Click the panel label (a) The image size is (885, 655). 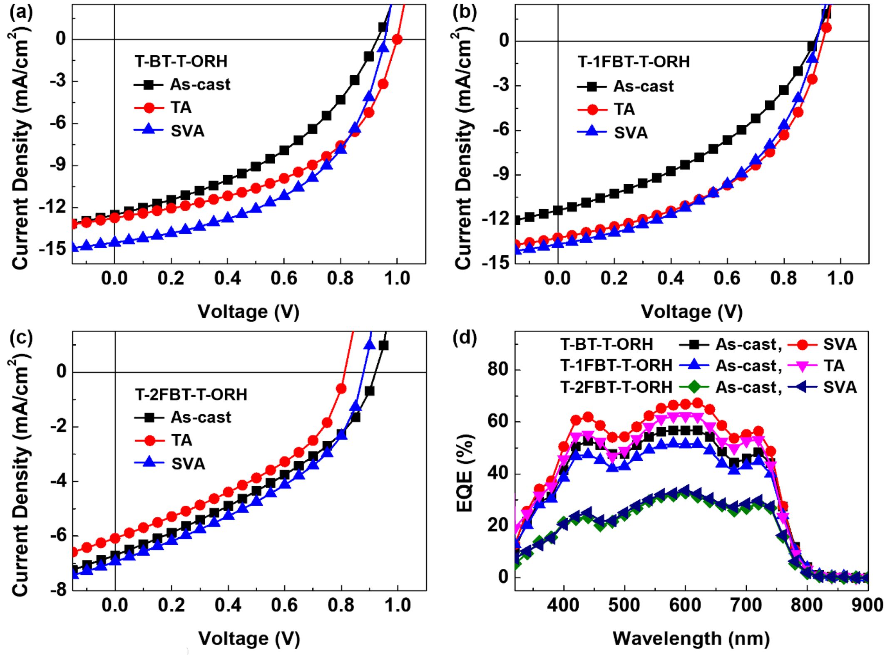click(21, 12)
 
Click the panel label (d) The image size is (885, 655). click(465, 338)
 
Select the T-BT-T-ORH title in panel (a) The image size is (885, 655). click(181, 62)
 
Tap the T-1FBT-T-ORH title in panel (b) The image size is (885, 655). click(634, 62)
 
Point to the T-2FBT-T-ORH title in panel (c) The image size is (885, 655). click(191, 394)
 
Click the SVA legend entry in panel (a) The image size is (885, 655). click(187, 131)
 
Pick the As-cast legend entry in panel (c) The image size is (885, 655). click(201, 417)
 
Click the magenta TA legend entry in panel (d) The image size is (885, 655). click(833, 366)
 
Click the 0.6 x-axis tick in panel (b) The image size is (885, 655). click(727, 278)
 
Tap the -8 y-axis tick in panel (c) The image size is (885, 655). click(58, 590)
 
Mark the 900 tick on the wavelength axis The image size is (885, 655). click(868, 605)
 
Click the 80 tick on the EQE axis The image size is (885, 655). click(499, 369)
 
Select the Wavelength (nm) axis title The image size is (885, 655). click(691, 638)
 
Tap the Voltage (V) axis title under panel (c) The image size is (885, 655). click(249, 638)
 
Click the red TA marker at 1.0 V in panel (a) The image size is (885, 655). click(397, 40)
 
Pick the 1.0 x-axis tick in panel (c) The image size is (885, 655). click(398, 605)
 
